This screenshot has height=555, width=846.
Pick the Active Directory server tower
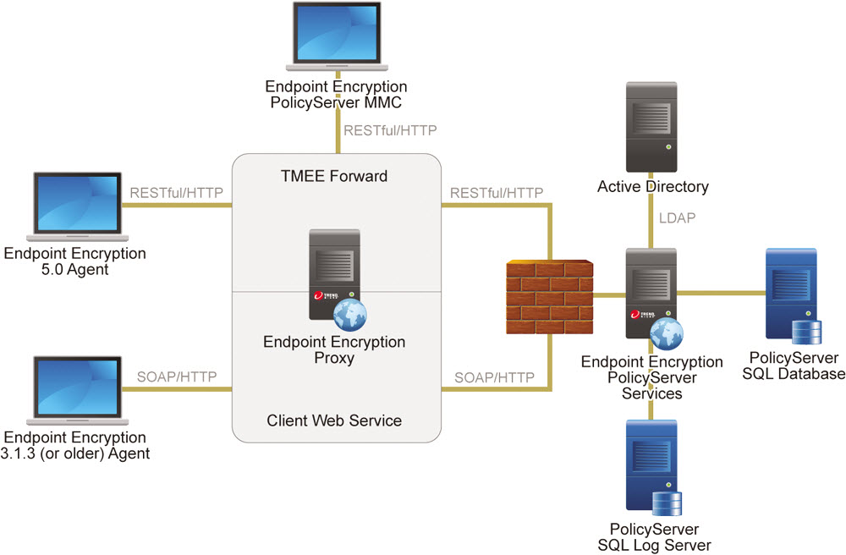point(651,127)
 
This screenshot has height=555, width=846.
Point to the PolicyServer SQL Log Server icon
point(651,466)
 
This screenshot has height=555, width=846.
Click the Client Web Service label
point(334,420)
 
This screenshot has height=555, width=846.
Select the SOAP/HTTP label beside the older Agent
point(177,376)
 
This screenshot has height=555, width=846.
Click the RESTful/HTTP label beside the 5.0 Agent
point(176,192)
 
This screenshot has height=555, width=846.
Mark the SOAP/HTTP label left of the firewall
point(494,376)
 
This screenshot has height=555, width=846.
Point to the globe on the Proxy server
point(350,314)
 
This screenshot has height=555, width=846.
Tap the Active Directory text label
point(652,186)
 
